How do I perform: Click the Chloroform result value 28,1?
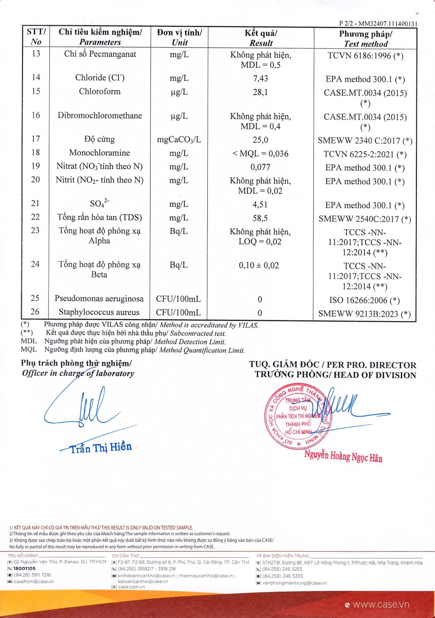point(260,92)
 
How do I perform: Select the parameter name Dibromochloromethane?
point(100,115)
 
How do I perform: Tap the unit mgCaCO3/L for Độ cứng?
point(179,140)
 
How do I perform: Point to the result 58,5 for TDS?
point(260,218)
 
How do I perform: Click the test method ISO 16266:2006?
point(364,300)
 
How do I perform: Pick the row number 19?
point(36,166)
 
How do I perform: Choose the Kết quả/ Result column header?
point(261,37)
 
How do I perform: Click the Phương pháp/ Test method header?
point(365,39)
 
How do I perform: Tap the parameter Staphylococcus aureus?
point(99,312)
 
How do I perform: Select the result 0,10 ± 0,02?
point(259,266)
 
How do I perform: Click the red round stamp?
point(297,417)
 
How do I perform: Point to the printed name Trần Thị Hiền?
point(101,447)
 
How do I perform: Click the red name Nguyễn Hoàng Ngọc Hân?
point(343,456)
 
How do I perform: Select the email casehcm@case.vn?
point(33,581)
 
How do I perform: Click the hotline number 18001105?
point(24,568)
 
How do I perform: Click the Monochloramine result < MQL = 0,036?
point(260,154)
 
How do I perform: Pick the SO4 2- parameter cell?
point(99,203)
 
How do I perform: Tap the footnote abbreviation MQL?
point(29,350)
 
